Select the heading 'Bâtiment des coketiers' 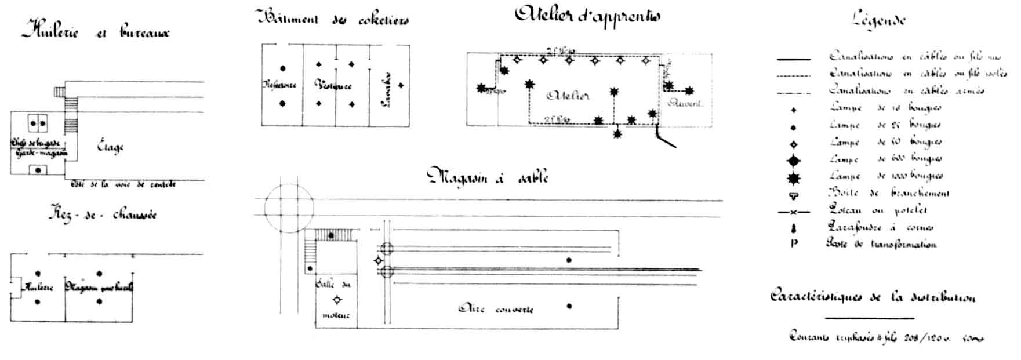pos(333,19)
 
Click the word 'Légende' pos(878,21)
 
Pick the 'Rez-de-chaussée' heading pos(102,214)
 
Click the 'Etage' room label pos(110,147)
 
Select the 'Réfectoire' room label pos(280,85)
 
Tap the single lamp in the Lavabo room pos(401,86)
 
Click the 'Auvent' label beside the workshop pos(685,103)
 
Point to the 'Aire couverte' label pos(496,309)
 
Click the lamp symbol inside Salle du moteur pos(336,300)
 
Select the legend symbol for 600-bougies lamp pos(794,159)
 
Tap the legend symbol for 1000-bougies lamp pos(794,177)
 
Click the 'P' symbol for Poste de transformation pos(794,242)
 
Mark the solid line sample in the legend pos(793,59)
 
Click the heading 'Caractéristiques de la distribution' pos(873,297)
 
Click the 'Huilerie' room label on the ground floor pos(39,288)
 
